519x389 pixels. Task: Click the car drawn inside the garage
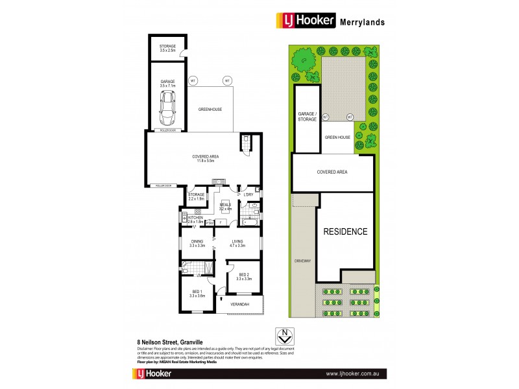[x=168, y=108]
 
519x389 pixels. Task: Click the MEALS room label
[x=225, y=207]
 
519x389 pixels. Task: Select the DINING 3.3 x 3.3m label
[x=198, y=244]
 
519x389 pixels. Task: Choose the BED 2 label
[x=244, y=277]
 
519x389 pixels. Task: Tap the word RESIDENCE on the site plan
[x=346, y=231]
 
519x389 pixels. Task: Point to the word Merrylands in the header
[x=362, y=21]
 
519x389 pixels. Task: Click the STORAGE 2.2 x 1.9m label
[x=197, y=196]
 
